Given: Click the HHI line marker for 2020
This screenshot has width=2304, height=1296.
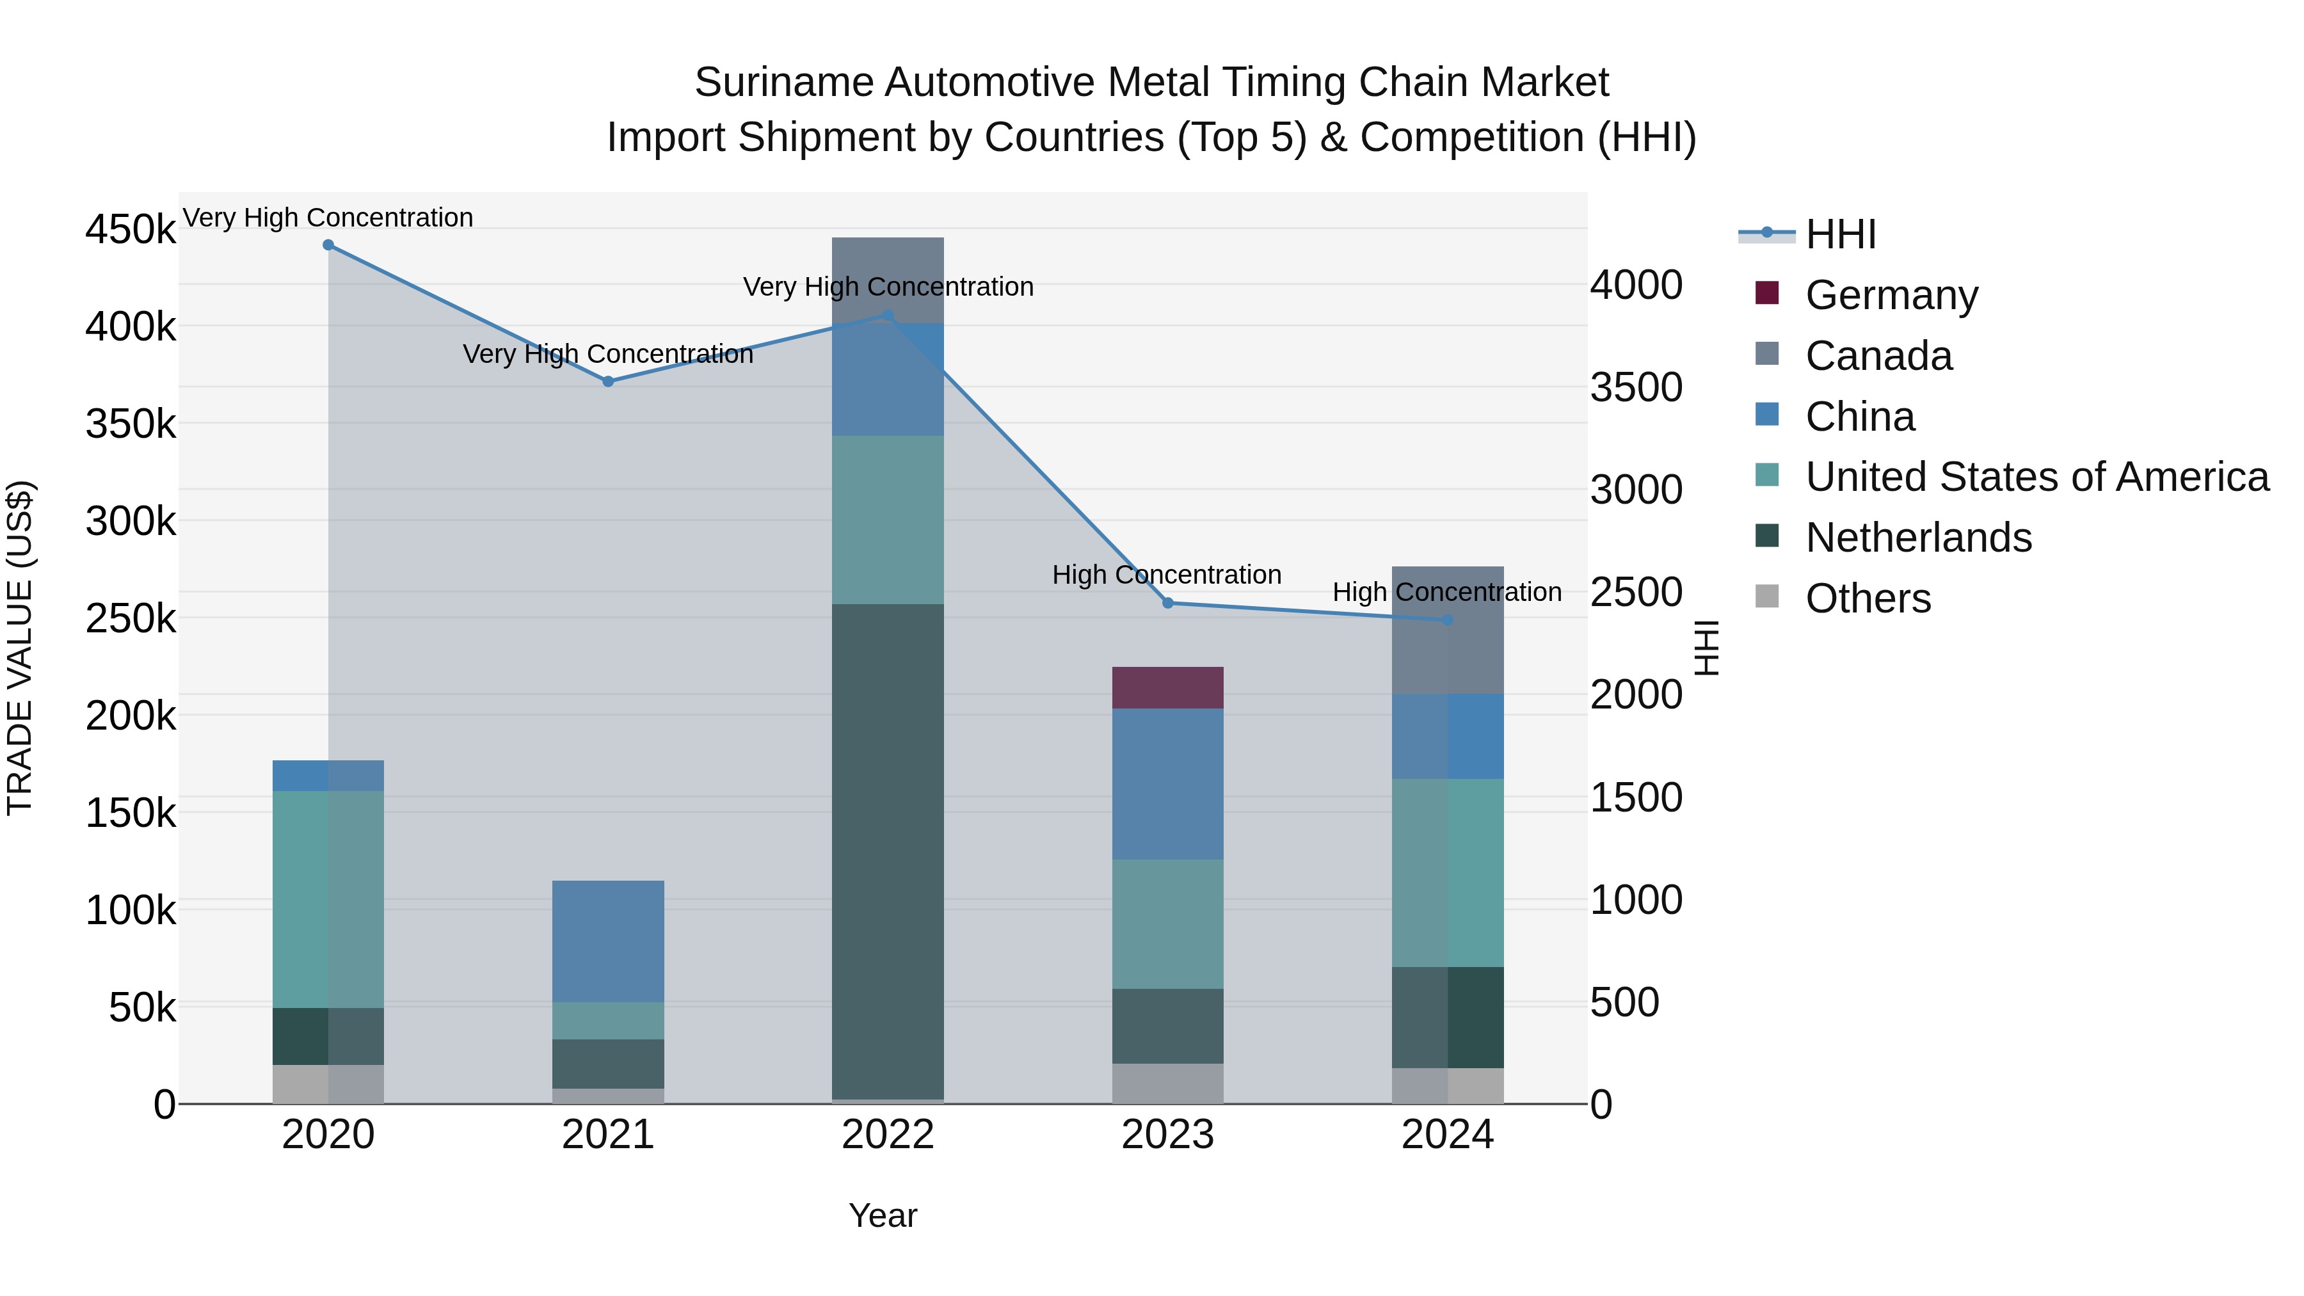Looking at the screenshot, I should (328, 245).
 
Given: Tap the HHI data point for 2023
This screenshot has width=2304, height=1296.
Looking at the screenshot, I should (1167, 604).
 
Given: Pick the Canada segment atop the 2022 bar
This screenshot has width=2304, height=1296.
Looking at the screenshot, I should (887, 279).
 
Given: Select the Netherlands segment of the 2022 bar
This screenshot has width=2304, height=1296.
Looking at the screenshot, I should (887, 850).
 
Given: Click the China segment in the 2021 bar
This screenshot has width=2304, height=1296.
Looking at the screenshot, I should (608, 941).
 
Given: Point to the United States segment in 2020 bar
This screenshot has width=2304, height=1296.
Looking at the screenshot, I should (328, 899).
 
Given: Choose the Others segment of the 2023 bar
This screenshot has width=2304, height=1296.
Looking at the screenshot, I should (1167, 1083).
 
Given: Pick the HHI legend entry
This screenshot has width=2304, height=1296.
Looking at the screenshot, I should (1840, 234).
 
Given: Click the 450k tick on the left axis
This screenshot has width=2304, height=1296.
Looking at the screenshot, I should (131, 230).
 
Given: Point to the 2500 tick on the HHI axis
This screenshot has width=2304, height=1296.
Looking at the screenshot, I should (1636, 592).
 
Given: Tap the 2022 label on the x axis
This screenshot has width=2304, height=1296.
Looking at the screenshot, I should (887, 1135).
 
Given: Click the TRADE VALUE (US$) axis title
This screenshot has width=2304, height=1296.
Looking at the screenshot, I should (20, 648).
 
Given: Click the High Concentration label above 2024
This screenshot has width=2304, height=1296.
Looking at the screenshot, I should (1446, 592).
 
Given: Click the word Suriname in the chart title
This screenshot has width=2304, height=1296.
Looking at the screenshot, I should (783, 83).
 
